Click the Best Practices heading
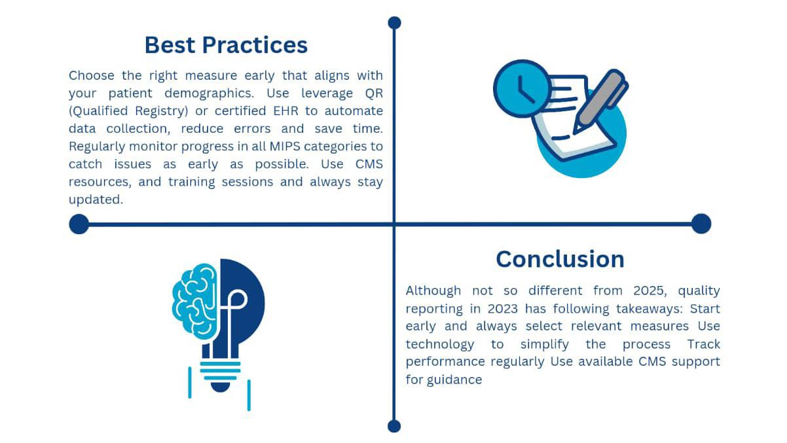click(x=226, y=45)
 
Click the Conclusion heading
click(x=560, y=259)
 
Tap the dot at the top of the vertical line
click(x=394, y=23)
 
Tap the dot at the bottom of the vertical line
click(x=394, y=427)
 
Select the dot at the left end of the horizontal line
click(x=79, y=224)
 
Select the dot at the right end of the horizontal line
click(x=701, y=224)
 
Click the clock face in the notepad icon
click(x=522, y=89)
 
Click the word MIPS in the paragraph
click(x=285, y=147)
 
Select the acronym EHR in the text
click(x=285, y=111)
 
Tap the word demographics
click(x=209, y=94)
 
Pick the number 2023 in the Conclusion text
click(x=502, y=309)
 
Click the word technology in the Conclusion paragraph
click(x=440, y=344)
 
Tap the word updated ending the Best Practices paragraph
click(x=96, y=200)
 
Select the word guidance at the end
click(x=454, y=380)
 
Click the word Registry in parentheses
click(x=162, y=111)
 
